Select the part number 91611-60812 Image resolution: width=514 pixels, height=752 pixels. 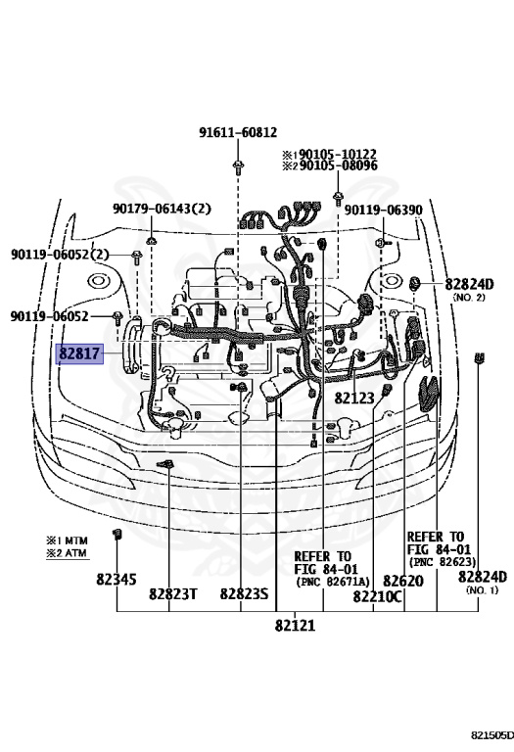click(x=238, y=132)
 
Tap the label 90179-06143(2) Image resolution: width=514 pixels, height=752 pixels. click(x=162, y=208)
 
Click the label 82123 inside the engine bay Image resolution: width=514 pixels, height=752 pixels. click(x=354, y=399)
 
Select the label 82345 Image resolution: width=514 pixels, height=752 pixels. click(x=116, y=579)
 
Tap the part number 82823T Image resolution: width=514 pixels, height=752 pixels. click(x=173, y=594)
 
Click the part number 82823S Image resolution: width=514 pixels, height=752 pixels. click(x=244, y=594)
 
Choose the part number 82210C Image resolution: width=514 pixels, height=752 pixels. click(x=377, y=595)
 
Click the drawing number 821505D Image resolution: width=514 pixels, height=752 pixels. click(x=488, y=734)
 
